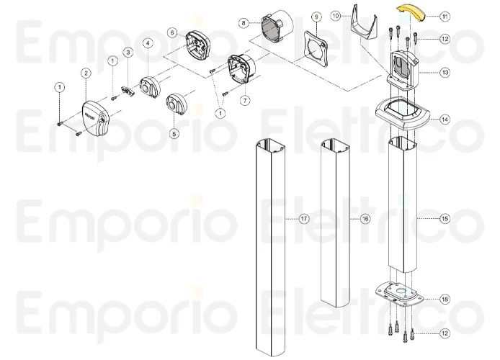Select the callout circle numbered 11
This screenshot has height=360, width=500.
tap(444, 15)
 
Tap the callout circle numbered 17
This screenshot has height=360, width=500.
tap(304, 218)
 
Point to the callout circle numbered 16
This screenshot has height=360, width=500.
tap(365, 218)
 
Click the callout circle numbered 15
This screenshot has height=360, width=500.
tap(444, 217)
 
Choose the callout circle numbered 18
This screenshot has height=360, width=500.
tap(444, 298)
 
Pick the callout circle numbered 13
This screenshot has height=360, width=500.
tap(444, 73)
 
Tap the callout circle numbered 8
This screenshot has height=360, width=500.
tap(244, 24)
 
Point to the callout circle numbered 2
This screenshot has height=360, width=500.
tap(86, 73)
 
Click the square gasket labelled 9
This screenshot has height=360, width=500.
tap(314, 48)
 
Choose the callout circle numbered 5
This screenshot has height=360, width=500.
tap(174, 132)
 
